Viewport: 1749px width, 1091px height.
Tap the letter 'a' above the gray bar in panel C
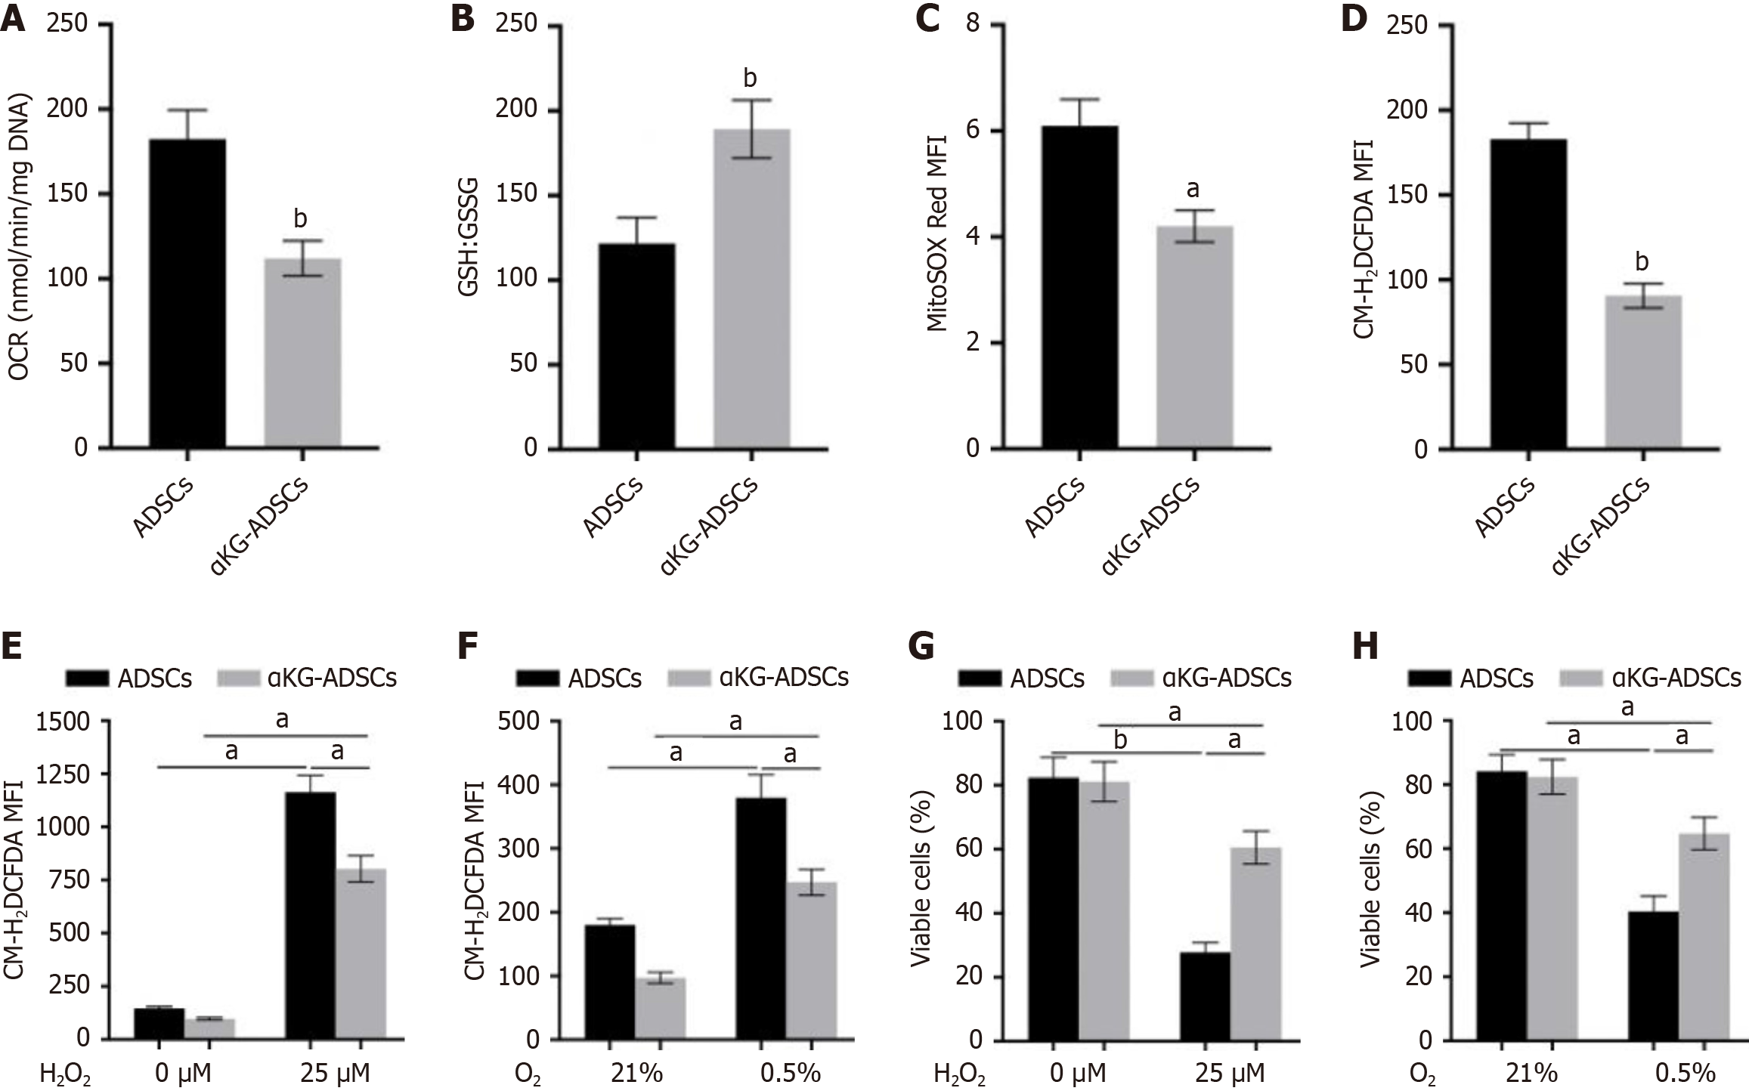click(x=1193, y=188)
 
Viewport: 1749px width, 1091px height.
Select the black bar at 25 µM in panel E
click(x=310, y=915)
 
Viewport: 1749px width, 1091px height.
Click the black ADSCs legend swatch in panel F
click(x=539, y=678)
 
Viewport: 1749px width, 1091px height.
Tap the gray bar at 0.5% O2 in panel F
click(x=811, y=960)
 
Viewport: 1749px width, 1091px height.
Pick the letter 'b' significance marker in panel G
click(x=1121, y=741)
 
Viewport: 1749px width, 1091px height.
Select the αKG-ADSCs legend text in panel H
click(x=1676, y=678)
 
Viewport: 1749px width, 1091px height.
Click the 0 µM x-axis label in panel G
click(x=1076, y=1074)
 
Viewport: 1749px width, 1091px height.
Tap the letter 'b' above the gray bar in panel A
click(x=301, y=218)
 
